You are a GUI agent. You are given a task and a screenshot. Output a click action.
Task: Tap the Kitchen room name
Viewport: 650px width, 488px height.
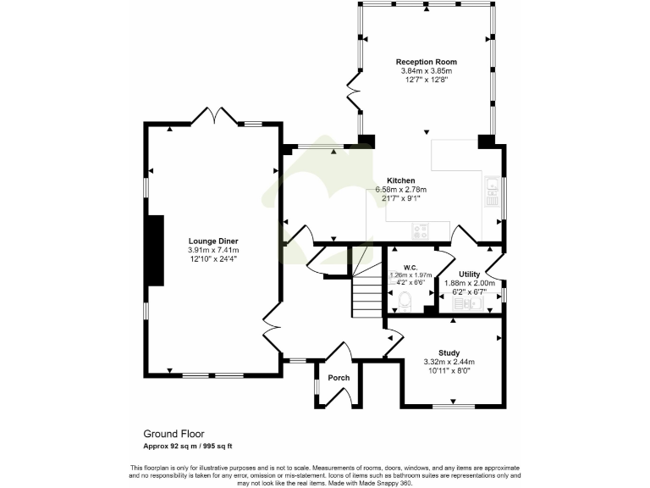point(400,180)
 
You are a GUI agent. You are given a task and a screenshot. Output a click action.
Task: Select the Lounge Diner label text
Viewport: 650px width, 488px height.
point(213,241)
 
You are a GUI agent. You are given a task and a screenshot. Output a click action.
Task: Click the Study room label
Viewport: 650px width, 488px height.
point(449,352)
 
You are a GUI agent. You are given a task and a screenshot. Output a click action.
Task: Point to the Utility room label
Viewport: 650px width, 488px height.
point(469,274)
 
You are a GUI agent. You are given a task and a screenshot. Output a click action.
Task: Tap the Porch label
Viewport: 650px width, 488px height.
point(339,378)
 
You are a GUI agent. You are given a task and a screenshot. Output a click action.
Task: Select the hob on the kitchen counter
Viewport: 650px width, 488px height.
point(421,229)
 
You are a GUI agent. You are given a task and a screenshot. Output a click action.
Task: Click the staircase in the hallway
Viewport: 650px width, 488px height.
point(366,297)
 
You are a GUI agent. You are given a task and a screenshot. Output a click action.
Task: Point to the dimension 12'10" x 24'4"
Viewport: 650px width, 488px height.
point(213,259)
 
